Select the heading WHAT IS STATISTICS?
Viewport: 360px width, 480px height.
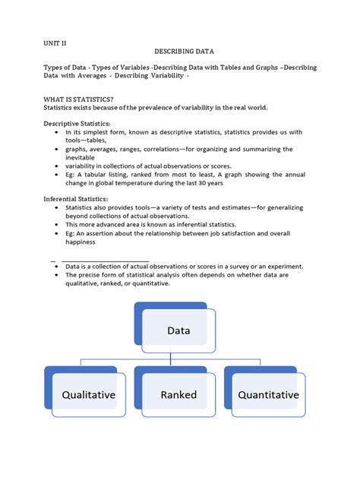click(77, 99)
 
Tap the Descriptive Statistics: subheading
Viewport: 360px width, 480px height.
click(77, 124)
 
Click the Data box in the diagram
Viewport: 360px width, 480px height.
click(179, 330)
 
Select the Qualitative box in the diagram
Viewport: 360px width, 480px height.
click(89, 395)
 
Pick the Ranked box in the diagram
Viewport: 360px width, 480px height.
click(179, 395)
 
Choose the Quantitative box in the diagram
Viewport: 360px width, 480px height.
click(268, 395)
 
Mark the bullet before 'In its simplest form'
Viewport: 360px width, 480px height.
click(58, 131)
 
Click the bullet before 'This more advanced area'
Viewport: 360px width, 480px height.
click(58, 225)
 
